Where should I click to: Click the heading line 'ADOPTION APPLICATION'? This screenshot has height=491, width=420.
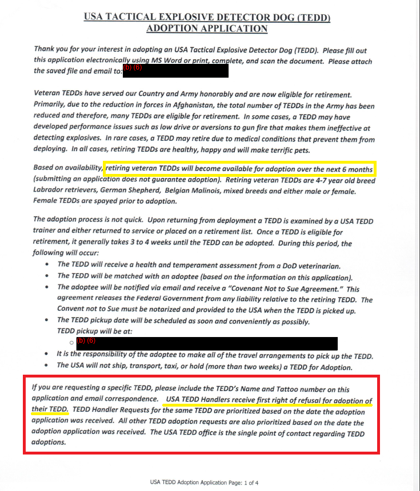click(207, 28)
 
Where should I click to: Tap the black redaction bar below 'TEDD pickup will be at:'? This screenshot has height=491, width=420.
click(207, 343)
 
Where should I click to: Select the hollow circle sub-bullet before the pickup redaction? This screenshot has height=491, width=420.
click(71, 343)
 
